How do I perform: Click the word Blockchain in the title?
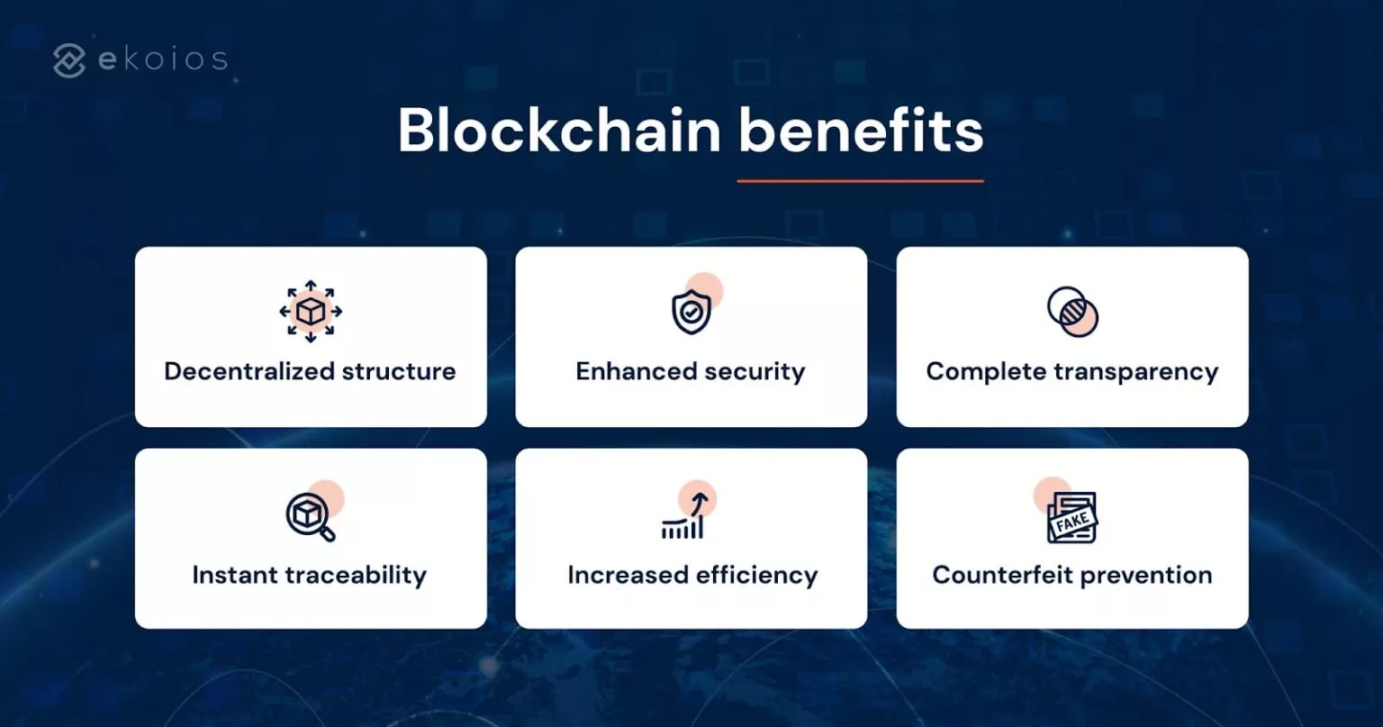559,132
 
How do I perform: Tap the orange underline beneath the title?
860,181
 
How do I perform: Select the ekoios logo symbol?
70,60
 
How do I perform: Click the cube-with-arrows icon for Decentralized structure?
311,312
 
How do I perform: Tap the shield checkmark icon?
691,312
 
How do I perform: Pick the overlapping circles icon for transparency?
1072,312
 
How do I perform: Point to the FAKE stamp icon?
1071,518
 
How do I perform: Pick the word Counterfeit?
1000,575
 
